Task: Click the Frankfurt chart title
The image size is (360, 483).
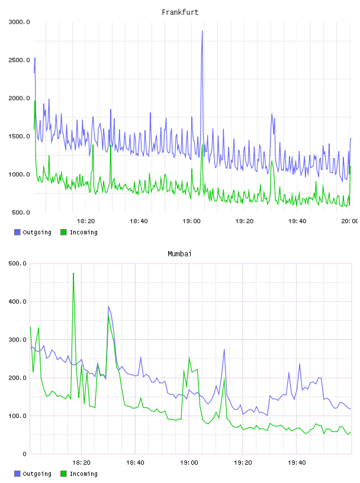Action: (180, 12)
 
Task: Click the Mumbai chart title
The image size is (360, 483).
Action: (179, 254)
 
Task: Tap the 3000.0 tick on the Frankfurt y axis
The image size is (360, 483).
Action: (19, 22)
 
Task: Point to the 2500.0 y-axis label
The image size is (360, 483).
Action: (19, 60)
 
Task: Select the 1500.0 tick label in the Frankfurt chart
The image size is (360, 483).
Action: (19, 137)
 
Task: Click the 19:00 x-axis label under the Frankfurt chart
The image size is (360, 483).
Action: (191, 221)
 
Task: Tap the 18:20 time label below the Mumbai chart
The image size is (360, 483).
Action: (81, 463)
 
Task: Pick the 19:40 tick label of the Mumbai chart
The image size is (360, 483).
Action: (297, 463)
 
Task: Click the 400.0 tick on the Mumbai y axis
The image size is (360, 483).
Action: (18, 301)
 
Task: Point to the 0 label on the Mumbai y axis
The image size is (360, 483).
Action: (25, 454)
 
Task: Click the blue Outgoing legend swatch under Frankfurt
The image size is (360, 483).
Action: (17, 232)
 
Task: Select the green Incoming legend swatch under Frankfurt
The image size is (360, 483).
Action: (63, 232)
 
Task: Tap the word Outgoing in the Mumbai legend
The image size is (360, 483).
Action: (37, 474)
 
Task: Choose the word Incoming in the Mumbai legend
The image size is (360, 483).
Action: (83, 474)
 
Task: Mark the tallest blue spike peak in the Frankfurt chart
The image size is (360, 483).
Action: (202, 31)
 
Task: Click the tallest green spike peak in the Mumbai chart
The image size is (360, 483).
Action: (73, 273)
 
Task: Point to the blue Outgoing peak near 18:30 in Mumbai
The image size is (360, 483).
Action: (108, 307)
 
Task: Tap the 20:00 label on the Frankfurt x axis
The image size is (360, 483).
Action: (350, 221)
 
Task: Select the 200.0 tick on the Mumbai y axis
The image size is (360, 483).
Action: (18, 378)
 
